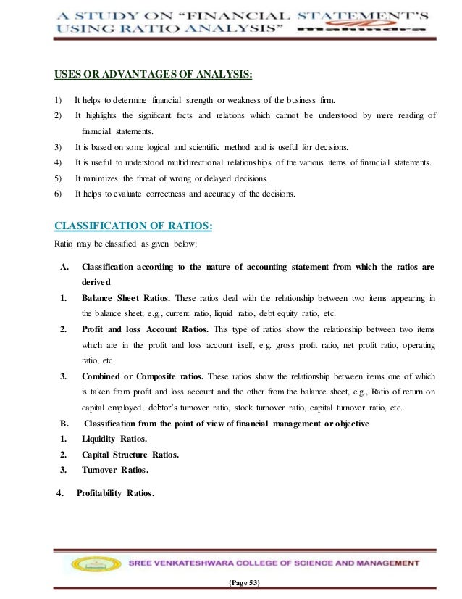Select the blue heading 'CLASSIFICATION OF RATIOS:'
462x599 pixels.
tap(133, 226)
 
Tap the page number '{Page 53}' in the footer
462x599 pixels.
tap(231, 584)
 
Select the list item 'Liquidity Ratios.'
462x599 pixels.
tap(114, 439)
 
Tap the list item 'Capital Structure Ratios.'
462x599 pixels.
tap(130, 454)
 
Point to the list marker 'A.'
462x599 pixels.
tap(64, 267)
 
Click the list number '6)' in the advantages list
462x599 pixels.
tap(58, 194)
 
